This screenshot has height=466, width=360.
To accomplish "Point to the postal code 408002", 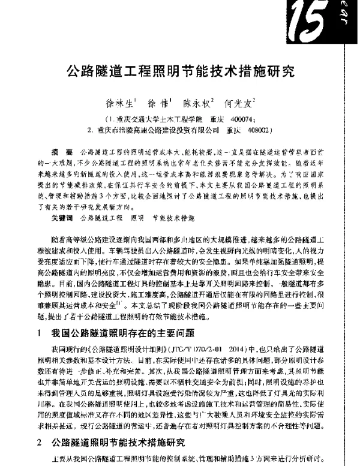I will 253,129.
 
